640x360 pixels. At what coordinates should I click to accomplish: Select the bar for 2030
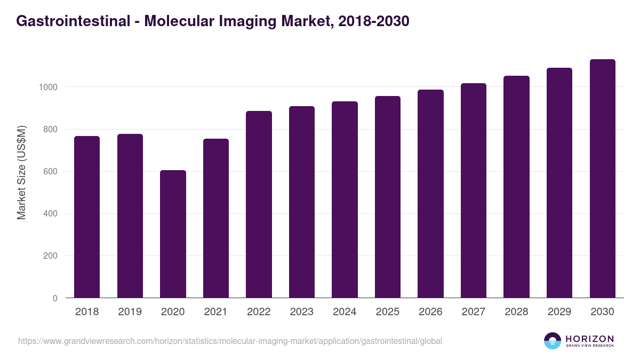click(602, 178)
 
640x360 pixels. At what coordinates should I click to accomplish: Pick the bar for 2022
click(259, 204)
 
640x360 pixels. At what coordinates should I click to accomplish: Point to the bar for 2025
click(388, 197)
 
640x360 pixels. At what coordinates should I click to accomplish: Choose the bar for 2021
click(216, 218)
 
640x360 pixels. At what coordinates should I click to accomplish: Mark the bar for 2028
click(516, 187)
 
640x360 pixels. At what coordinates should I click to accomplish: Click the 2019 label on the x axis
click(130, 312)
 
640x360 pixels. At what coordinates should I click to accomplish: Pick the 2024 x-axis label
click(345, 312)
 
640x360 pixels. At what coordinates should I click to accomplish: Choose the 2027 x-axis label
click(474, 312)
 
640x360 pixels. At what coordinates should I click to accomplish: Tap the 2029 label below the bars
click(559, 312)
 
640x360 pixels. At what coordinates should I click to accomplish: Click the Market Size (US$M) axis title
click(21, 172)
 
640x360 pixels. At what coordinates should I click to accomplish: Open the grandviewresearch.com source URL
click(230, 341)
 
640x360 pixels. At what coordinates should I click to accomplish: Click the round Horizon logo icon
click(553, 341)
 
